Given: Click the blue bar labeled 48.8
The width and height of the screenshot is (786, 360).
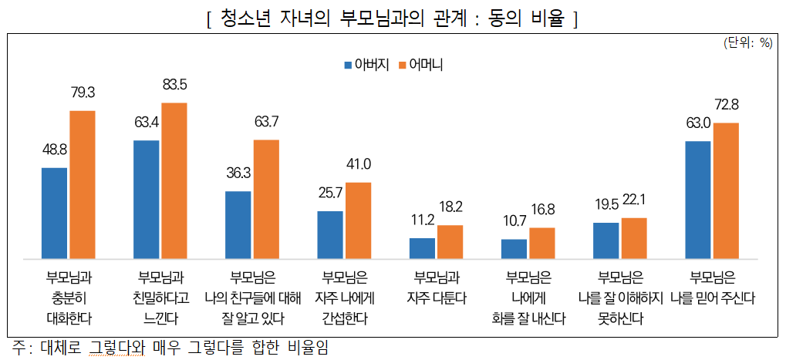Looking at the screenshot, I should [54, 213].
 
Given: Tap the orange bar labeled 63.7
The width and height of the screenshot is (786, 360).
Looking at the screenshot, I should [266, 199].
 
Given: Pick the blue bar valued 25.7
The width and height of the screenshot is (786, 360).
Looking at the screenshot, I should [330, 234].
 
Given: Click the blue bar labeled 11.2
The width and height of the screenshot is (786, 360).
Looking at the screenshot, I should [422, 248].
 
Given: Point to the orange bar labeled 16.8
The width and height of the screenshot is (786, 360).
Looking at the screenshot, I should [541, 243].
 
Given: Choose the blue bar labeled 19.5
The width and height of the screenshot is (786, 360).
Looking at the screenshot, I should [606, 241].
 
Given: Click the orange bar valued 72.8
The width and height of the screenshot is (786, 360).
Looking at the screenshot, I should [726, 190].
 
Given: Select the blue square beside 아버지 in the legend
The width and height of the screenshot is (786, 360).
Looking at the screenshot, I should [348, 65].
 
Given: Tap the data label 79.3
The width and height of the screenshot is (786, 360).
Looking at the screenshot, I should [82, 93].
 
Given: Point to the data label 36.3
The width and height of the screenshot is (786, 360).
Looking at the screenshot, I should [239, 173].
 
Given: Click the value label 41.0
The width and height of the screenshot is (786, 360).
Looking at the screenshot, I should [358, 164].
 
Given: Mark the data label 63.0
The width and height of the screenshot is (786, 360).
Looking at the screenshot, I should [698, 123].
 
